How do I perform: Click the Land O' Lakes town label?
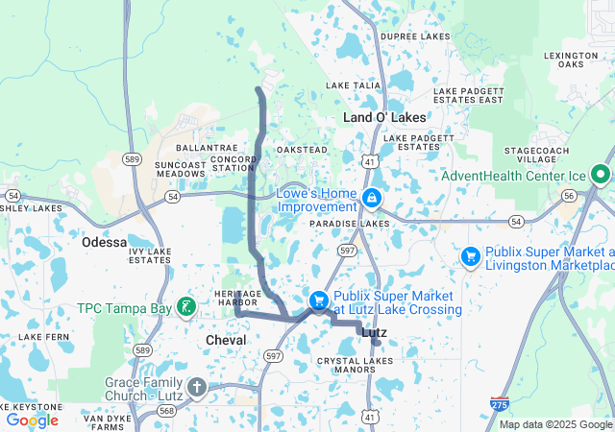pyautogui.click(x=384, y=117)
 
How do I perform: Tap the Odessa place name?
pyautogui.click(x=105, y=242)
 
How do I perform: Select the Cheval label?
pyautogui.click(x=226, y=340)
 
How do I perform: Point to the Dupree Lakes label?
pyautogui.click(x=414, y=36)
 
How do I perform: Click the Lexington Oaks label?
pyautogui.click(x=570, y=60)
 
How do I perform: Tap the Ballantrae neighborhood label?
pyautogui.click(x=200, y=148)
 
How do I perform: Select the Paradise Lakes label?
pyautogui.click(x=350, y=223)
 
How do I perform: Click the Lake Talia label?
pyautogui.click(x=354, y=85)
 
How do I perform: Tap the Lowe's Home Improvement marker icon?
pyautogui.click(x=371, y=199)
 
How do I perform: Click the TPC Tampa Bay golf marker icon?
pyautogui.click(x=186, y=308)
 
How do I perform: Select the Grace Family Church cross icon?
pyautogui.click(x=197, y=388)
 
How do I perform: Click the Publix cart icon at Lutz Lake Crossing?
pyautogui.click(x=318, y=301)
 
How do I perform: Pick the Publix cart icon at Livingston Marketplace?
pyautogui.click(x=471, y=256)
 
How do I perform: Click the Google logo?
pyautogui.click(x=32, y=420)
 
